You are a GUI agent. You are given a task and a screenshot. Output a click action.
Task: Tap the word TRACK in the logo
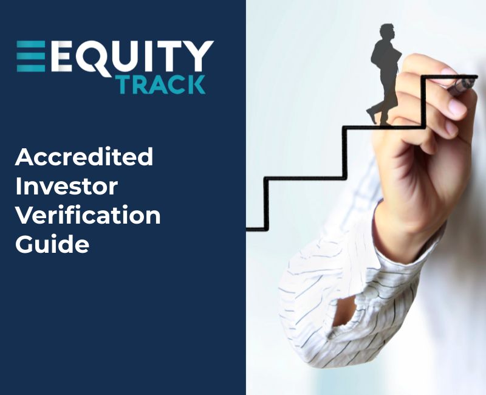click(x=161, y=84)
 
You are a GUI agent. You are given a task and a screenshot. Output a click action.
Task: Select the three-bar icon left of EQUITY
click(x=31, y=57)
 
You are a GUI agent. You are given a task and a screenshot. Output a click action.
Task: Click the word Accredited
click(x=84, y=158)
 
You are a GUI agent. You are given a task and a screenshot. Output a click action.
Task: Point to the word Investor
click(x=67, y=187)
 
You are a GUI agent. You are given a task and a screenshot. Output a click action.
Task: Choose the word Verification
click(x=87, y=215)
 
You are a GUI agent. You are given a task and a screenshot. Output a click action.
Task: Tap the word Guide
click(x=52, y=244)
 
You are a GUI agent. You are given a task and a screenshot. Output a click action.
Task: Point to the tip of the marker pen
click(x=474, y=81)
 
